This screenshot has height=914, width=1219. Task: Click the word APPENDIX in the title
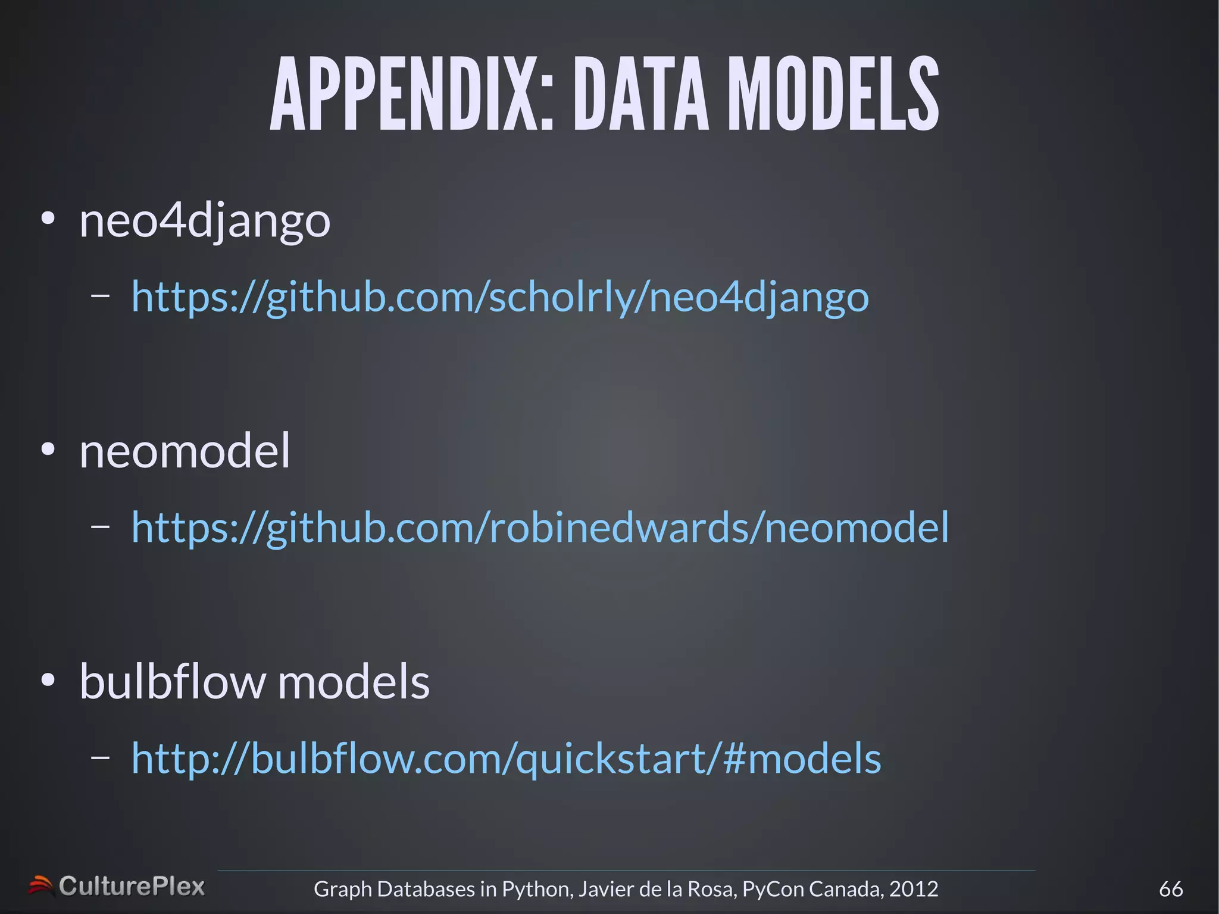coord(411,94)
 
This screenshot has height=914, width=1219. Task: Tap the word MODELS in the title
coord(833,94)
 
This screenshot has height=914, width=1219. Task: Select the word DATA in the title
coord(641,94)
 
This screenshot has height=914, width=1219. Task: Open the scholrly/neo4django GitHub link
coord(500,297)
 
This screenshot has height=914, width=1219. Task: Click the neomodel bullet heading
coord(185,451)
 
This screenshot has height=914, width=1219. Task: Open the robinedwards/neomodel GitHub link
coord(540,528)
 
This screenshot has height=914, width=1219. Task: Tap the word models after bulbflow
coord(354,682)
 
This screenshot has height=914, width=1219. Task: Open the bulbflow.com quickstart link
coord(506,759)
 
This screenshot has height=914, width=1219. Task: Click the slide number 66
coord(1170,889)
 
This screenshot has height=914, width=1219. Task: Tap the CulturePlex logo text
coord(132,887)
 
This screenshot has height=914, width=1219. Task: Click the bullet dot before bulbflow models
coord(48,680)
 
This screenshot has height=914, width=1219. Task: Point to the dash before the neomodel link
coord(101,526)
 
